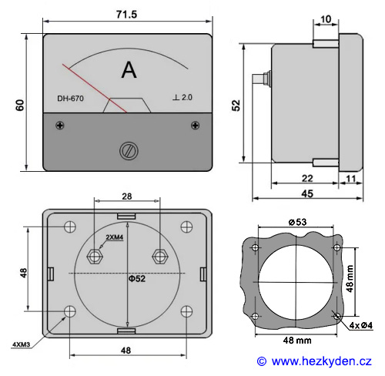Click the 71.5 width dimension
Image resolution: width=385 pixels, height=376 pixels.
(126, 15)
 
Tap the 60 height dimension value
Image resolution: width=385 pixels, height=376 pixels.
(20, 105)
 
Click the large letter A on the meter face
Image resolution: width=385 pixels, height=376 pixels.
(129, 70)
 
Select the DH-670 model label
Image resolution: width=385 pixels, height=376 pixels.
(70, 99)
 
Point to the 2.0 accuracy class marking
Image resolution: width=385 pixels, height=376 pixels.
(187, 97)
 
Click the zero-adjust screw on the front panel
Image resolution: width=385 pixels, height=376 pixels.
(129, 151)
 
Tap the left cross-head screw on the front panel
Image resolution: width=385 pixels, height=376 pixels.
(60, 126)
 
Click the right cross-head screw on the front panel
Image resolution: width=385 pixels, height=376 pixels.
(196, 126)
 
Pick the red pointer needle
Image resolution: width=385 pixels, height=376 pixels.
(95, 88)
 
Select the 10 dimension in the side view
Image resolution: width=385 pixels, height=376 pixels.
(326, 19)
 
